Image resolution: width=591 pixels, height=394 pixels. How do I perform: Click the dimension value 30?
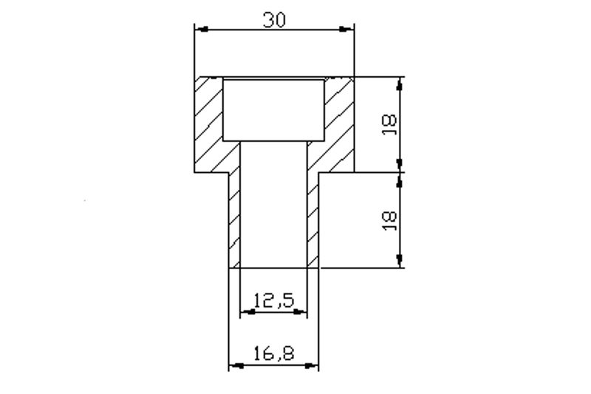click(274, 21)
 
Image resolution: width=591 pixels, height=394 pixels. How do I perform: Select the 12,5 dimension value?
click(274, 300)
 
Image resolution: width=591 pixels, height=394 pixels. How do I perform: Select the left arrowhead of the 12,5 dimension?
click(247, 312)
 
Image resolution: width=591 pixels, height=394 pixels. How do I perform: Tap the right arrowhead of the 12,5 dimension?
click(301, 312)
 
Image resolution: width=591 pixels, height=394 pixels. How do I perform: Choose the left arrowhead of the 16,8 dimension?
click(235, 365)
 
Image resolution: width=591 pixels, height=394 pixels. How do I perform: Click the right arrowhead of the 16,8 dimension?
click(313, 365)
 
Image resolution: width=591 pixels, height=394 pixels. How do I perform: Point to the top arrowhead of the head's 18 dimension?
click(400, 82)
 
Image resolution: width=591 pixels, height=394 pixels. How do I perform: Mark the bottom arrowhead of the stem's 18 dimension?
click(400, 261)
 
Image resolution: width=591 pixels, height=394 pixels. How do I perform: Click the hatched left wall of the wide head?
click(208, 122)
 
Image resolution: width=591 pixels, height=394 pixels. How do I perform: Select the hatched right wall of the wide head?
click(340, 122)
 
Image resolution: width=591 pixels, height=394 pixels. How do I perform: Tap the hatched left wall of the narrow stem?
click(236, 218)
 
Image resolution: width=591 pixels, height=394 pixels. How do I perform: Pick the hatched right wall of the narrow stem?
click(312, 218)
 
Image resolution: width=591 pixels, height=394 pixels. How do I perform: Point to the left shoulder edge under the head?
click(211, 172)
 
